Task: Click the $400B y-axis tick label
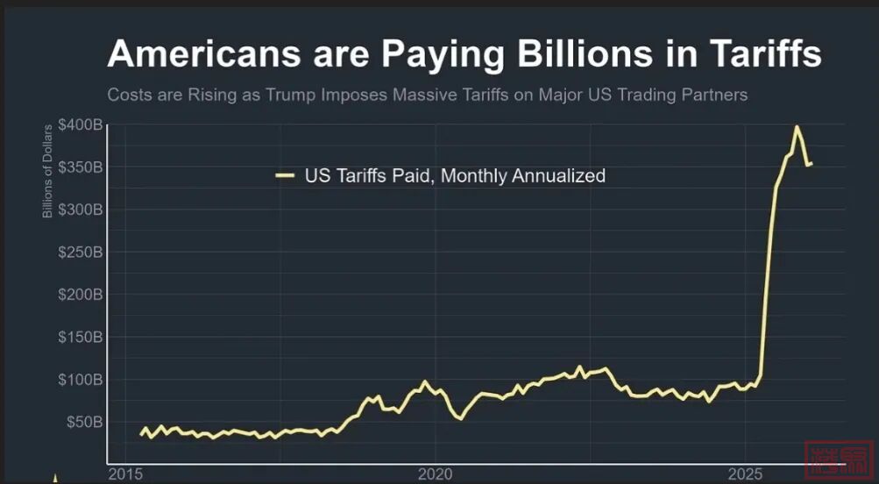pyautogui.click(x=81, y=125)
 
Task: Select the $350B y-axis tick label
pyautogui.click(x=81, y=167)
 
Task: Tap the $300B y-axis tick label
pyautogui.click(x=81, y=210)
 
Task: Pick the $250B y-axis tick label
pyautogui.click(x=81, y=253)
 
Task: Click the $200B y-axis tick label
pyautogui.click(x=81, y=295)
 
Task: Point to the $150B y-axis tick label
pyautogui.click(x=81, y=338)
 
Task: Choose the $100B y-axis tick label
pyautogui.click(x=81, y=380)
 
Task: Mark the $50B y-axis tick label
pyautogui.click(x=84, y=422)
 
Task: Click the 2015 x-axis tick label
pyautogui.click(x=125, y=474)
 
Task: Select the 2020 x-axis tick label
pyautogui.click(x=435, y=474)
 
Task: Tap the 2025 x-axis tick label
pyautogui.click(x=744, y=474)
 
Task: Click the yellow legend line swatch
pyautogui.click(x=285, y=176)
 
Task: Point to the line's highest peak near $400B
pyautogui.click(x=796, y=127)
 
